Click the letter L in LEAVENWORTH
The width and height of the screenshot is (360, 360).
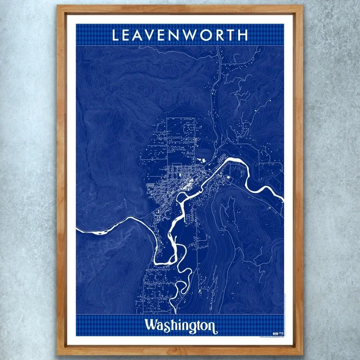pyautogui.click(x=116, y=35)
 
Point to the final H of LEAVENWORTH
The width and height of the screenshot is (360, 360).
pyautogui.click(x=243, y=35)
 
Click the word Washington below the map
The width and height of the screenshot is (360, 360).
pyautogui.click(x=180, y=325)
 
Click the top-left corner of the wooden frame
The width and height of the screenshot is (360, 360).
pyautogui.click(x=59, y=6)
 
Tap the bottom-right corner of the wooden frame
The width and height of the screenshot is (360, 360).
pyautogui.click(x=302, y=354)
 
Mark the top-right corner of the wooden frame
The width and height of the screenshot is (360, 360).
pyautogui.click(x=302, y=6)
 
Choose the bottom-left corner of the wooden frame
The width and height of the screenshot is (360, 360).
pyautogui.click(x=59, y=354)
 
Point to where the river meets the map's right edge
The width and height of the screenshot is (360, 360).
pyautogui.click(x=283, y=199)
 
